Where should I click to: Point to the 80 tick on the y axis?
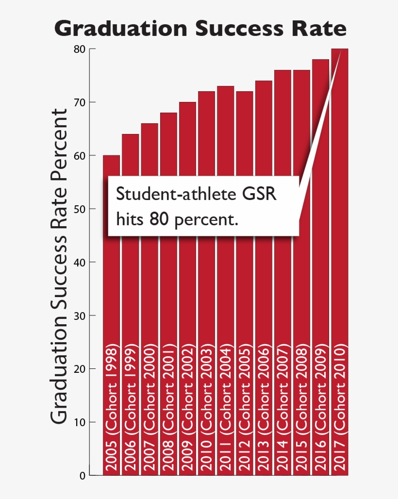pyautogui.click(x=80, y=49)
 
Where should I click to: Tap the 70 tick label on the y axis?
pyautogui.click(x=80, y=102)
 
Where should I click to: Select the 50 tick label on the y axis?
pyautogui.click(x=80, y=209)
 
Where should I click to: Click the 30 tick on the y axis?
pyautogui.click(x=80, y=316)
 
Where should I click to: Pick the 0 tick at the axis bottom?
pyautogui.click(x=82, y=476)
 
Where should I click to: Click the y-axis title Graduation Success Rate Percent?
pyautogui.click(x=59, y=266)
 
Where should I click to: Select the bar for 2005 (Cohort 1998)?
pyautogui.click(x=111, y=291)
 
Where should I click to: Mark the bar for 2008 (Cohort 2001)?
pyautogui.click(x=168, y=291)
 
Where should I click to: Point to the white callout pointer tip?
pyautogui.click(x=341, y=50)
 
